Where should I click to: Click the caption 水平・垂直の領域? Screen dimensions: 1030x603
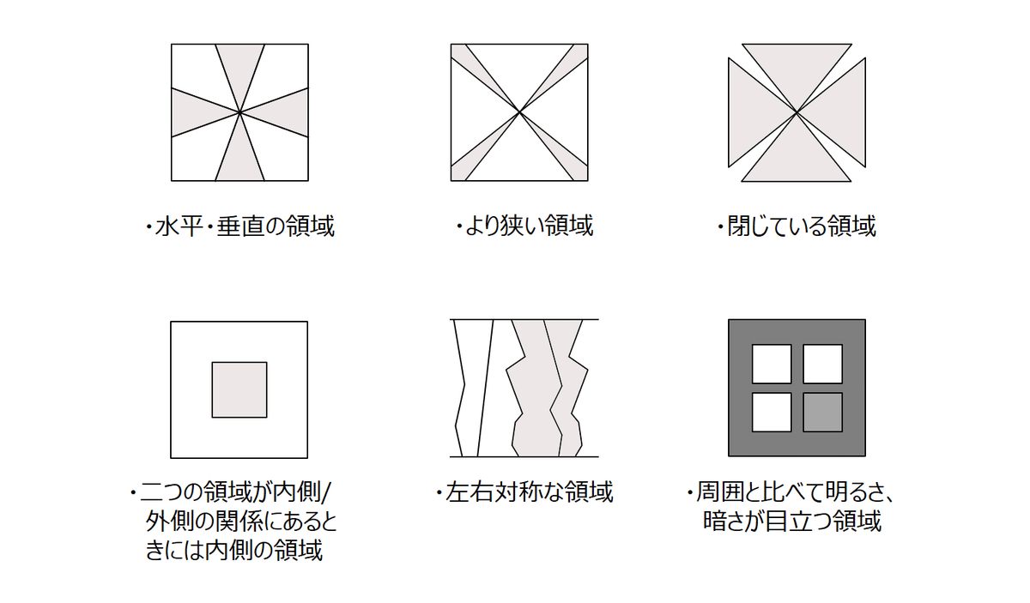click(240, 226)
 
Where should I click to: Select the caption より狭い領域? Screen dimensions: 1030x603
click(524, 226)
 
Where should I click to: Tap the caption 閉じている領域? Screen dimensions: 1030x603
click(797, 226)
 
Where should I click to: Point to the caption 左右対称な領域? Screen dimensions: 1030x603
click(524, 491)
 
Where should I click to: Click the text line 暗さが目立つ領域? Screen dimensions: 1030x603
click(792, 521)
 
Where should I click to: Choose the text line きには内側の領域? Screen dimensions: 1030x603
click(234, 550)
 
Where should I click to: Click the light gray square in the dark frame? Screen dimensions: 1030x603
click(822, 413)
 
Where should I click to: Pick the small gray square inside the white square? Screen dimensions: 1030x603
click(239, 389)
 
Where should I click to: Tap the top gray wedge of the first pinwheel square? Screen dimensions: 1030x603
click(239, 69)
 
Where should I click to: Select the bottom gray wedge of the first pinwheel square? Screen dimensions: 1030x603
click(239, 156)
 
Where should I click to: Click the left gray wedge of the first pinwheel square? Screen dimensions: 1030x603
click(196, 112)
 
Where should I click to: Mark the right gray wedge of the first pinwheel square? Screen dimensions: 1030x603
click(284, 112)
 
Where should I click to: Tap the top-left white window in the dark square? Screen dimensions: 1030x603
click(772, 364)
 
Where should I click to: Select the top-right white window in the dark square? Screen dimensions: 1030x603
click(822, 364)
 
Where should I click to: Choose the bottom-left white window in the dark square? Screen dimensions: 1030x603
click(772, 413)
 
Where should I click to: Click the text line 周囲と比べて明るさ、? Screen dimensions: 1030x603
click(790, 491)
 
